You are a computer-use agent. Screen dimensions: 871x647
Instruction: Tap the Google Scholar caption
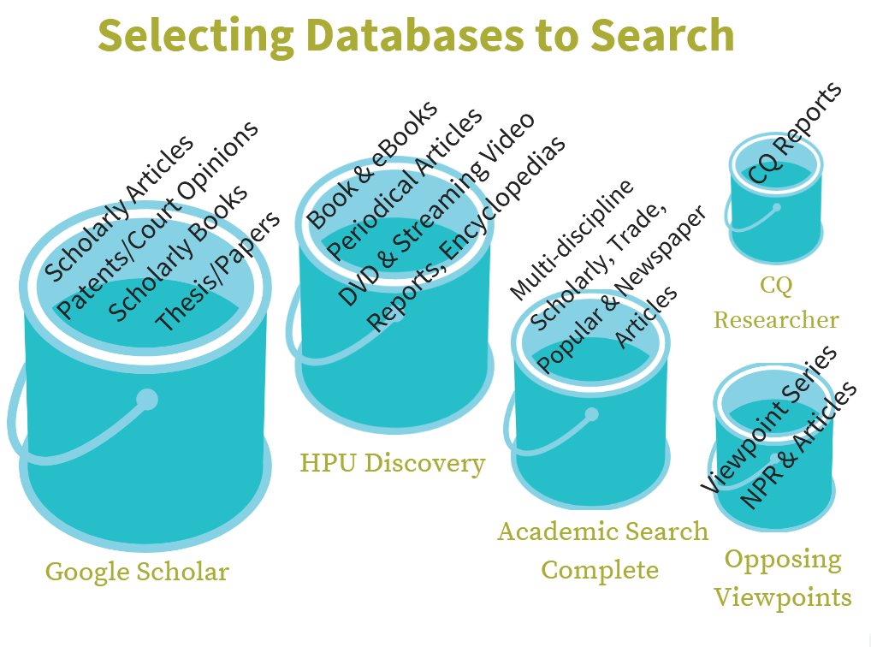tap(137, 571)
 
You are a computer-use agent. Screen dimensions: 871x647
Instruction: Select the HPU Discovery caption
tap(392, 463)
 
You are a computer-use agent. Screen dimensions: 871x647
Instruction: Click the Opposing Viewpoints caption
tap(782, 578)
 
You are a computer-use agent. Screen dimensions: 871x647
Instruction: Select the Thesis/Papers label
tap(217, 271)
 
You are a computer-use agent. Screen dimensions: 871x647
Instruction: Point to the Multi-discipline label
tap(572, 240)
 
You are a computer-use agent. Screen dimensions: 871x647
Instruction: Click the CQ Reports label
tap(794, 133)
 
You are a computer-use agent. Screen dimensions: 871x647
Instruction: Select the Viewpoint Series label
tap(768, 418)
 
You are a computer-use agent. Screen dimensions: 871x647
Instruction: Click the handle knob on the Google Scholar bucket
tap(147, 399)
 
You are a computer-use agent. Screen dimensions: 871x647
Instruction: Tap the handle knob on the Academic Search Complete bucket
tap(591, 415)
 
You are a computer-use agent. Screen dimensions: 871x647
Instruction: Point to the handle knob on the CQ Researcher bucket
tap(776, 207)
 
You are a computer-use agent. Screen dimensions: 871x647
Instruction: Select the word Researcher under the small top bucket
tap(776, 320)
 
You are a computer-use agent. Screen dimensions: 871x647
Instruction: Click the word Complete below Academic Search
tap(600, 570)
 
